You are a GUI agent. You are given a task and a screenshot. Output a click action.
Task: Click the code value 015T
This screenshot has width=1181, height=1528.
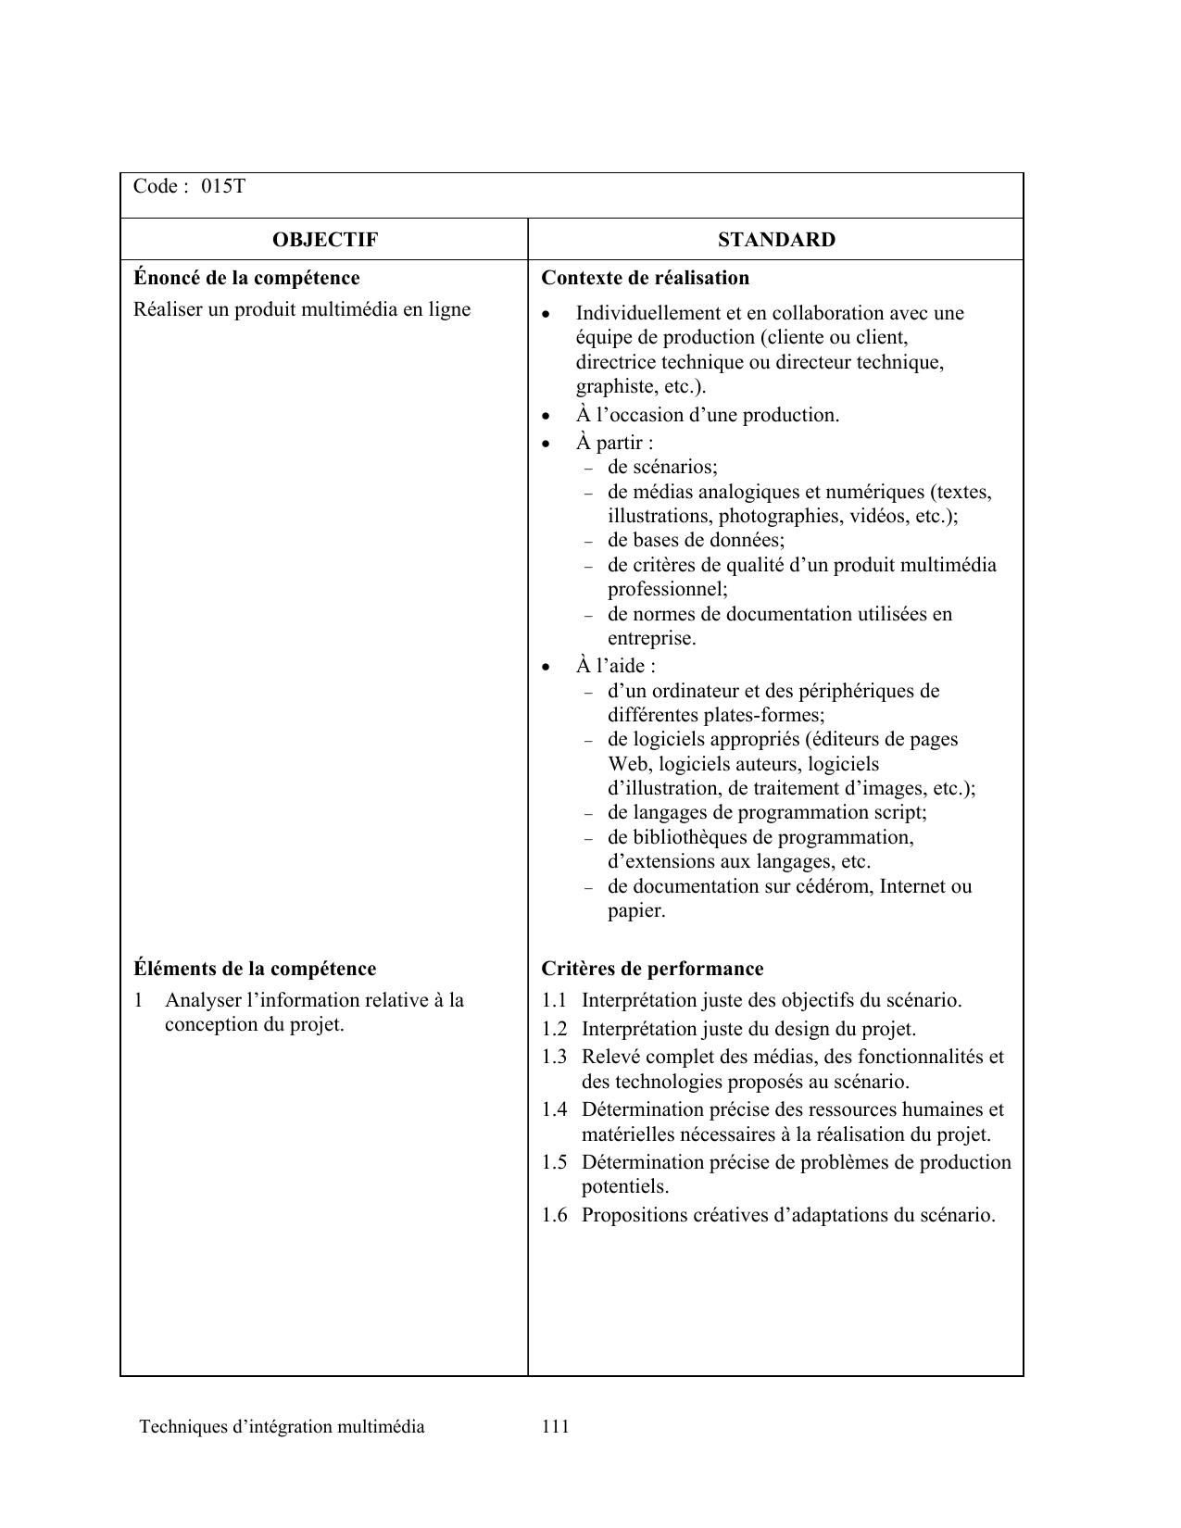[224, 186]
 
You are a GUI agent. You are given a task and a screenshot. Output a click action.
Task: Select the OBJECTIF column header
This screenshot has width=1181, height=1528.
[324, 240]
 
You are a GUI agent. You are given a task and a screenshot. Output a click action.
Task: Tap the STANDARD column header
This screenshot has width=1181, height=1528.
[776, 240]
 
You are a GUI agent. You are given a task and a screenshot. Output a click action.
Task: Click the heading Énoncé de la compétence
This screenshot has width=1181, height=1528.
[246, 278]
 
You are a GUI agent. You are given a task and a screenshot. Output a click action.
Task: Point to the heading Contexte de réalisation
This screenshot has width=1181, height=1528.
[645, 278]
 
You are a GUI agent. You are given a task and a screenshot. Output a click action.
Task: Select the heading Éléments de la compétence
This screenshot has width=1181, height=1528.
[255, 969]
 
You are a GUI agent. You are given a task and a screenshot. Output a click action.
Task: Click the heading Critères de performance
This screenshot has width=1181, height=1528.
[652, 969]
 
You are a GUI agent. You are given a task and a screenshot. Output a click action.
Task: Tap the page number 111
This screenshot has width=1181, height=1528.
[556, 1426]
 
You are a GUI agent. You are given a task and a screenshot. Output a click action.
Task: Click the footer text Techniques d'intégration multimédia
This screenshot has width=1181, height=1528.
[282, 1426]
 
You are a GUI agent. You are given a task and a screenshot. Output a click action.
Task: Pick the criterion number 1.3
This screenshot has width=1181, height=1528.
[554, 1057]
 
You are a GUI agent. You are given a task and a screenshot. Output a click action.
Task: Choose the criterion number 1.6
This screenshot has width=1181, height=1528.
[554, 1215]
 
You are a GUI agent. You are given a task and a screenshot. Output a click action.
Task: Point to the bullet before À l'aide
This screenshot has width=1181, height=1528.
[547, 667]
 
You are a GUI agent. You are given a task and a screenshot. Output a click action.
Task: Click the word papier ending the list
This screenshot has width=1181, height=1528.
[634, 910]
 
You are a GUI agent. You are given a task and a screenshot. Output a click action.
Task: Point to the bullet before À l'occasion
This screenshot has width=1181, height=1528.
[547, 416]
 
